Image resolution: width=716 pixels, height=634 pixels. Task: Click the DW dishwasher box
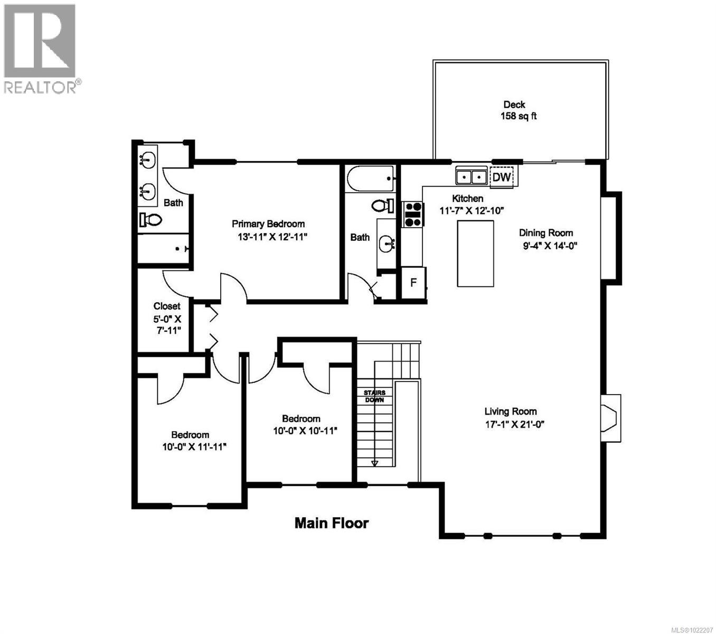point(502,177)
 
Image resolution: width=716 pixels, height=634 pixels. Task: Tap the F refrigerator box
point(413,283)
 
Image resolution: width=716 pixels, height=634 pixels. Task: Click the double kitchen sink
point(471,176)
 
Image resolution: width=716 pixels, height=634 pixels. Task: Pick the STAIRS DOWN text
point(375,396)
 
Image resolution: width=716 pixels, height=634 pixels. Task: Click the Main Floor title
point(332,523)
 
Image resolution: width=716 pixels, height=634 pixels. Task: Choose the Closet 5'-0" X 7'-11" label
point(167,318)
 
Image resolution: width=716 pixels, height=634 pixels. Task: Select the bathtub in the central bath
point(371,179)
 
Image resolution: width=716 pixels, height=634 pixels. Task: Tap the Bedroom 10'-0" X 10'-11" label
point(300,424)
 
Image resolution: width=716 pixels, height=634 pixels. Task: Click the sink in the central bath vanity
point(388,244)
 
